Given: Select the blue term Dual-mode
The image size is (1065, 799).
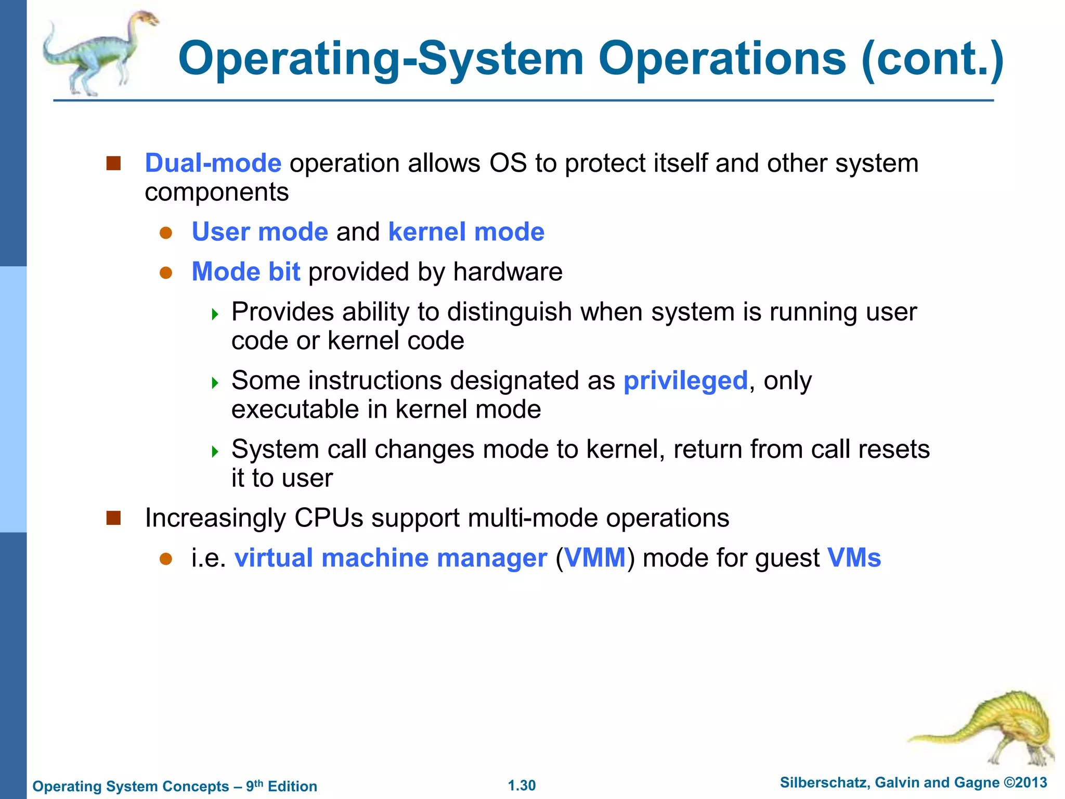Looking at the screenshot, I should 213,163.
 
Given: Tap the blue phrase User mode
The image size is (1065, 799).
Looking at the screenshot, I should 259,232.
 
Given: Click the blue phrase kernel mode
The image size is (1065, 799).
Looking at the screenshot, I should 466,232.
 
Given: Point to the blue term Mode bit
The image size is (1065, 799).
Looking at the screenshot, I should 245,272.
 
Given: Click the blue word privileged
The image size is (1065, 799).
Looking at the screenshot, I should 685,381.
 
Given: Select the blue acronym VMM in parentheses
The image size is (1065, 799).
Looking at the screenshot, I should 595,558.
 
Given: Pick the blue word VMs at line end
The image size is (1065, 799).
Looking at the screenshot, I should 853,558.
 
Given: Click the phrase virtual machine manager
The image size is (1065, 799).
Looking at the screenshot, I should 391,558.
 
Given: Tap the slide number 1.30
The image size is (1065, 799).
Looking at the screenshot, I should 522,785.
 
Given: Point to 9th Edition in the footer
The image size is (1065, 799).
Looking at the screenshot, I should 281,786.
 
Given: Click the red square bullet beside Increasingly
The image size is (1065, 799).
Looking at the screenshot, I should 113,518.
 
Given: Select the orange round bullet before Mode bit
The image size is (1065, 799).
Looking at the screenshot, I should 166,273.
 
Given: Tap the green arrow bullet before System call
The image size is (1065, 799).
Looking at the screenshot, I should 215,451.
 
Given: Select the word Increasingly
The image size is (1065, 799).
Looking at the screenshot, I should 215,518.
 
